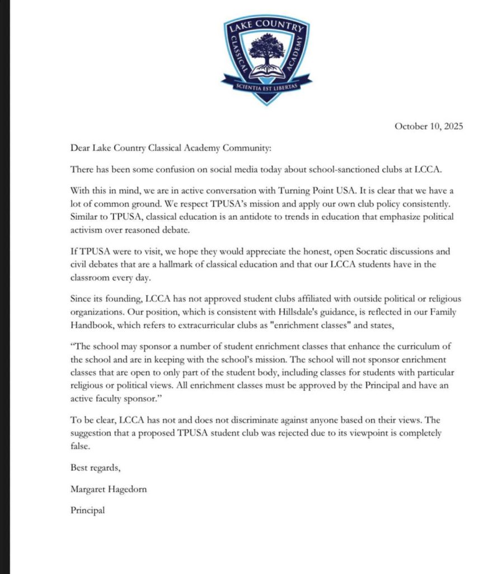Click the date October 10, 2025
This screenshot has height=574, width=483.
click(429, 127)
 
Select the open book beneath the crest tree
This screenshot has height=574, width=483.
click(266, 72)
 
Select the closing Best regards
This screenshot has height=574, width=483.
click(95, 467)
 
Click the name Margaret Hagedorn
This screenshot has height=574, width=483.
click(110, 489)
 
